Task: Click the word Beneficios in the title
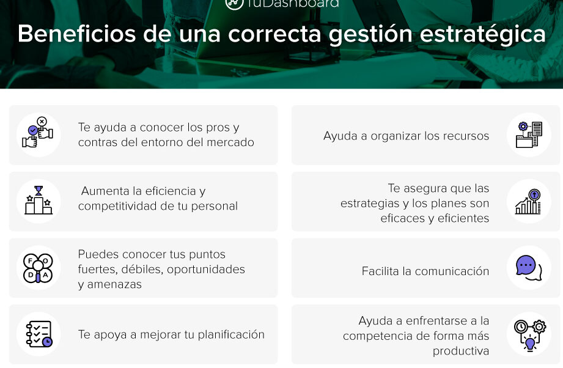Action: [x=77, y=34]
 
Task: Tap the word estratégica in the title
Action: [x=482, y=35]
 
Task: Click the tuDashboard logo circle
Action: [x=234, y=3]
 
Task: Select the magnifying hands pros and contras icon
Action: [x=38, y=133]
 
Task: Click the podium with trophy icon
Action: [x=39, y=200]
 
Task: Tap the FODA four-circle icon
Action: [x=38, y=268]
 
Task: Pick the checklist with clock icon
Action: [x=39, y=334]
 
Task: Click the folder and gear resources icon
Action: [x=529, y=134]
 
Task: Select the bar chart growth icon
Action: [x=528, y=201]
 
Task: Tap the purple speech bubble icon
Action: [x=528, y=268]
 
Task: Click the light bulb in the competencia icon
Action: [x=530, y=343]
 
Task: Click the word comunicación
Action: [x=452, y=271]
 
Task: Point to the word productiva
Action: [x=461, y=351]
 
